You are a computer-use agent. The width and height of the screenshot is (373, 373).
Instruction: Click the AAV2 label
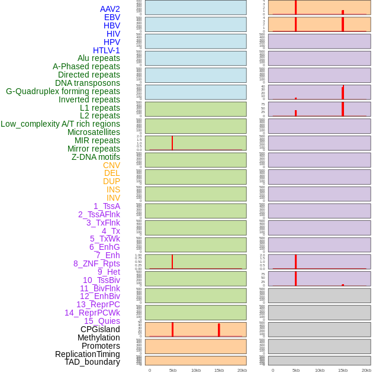(110, 9)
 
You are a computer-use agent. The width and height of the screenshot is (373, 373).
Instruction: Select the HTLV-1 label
(107, 50)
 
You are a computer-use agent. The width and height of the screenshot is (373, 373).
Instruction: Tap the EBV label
(112, 17)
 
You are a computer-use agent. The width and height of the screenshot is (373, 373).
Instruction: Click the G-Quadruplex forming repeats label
(63, 91)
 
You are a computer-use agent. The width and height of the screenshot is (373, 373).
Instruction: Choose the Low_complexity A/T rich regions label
(60, 124)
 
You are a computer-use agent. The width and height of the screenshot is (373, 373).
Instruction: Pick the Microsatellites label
(94, 132)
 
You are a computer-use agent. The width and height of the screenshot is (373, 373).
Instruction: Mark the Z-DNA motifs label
(96, 157)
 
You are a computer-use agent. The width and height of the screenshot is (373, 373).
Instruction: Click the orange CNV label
(111, 165)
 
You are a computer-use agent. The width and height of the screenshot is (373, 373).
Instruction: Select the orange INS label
(113, 189)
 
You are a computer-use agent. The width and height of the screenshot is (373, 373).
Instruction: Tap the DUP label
(111, 181)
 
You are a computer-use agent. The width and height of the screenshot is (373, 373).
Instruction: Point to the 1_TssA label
(107, 206)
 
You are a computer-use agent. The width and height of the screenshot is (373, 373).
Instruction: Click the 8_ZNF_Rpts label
(97, 263)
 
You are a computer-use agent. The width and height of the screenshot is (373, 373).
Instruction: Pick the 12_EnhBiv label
(100, 296)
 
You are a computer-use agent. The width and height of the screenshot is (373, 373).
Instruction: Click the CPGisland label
(100, 329)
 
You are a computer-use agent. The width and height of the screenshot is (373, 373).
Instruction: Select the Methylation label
(98, 337)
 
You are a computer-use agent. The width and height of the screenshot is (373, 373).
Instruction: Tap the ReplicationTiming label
(88, 354)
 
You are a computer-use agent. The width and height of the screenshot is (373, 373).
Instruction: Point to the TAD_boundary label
(92, 362)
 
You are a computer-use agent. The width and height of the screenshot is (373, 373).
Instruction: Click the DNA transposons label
(88, 83)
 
